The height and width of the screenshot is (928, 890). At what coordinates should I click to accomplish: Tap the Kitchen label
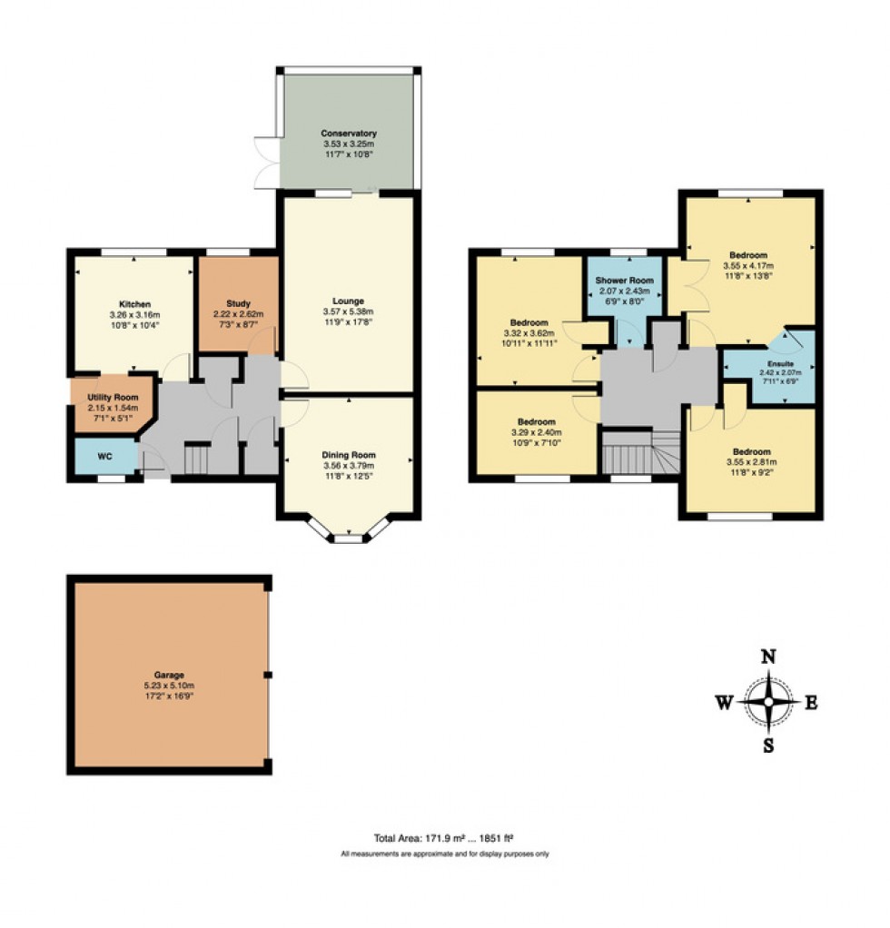(133, 304)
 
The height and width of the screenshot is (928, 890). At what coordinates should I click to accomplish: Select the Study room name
(238, 304)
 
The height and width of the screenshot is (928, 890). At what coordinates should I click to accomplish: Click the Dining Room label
(349, 455)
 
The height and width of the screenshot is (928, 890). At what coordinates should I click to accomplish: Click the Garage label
(169, 675)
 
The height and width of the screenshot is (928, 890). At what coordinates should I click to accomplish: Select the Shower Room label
(625, 280)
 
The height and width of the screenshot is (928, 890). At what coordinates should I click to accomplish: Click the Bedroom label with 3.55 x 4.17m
(748, 255)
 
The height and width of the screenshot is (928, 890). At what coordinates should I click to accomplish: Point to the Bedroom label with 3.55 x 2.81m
(752, 452)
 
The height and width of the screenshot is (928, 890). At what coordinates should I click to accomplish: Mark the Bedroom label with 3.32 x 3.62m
(529, 323)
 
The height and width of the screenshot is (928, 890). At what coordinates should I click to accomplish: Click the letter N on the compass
(768, 657)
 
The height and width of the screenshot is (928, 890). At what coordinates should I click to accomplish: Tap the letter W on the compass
(724, 702)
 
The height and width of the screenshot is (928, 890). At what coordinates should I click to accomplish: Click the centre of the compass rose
(769, 702)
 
